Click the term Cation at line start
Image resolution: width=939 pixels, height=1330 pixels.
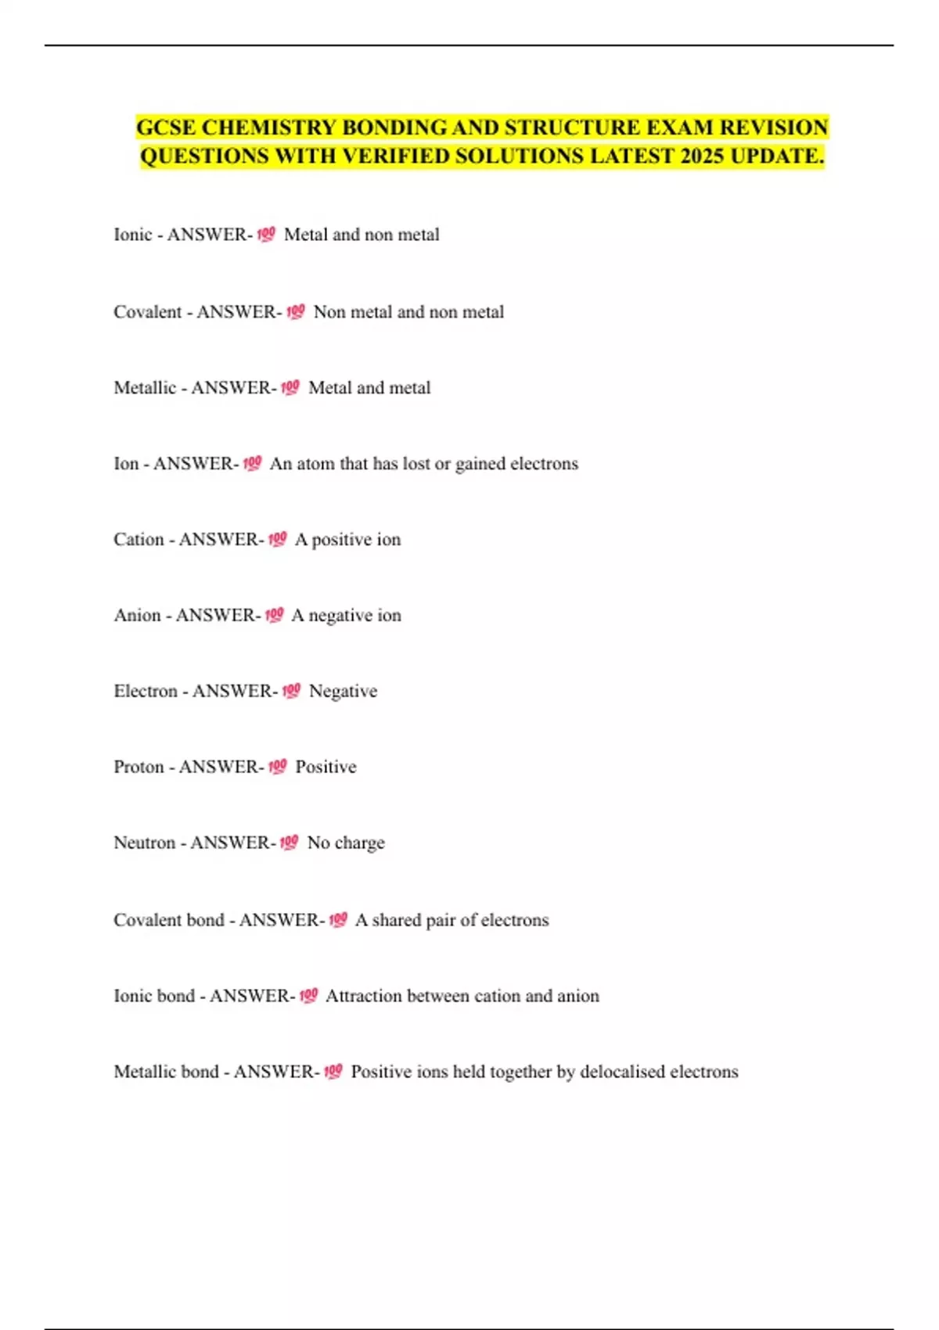coord(139,539)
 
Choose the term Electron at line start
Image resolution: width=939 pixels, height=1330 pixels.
coord(146,691)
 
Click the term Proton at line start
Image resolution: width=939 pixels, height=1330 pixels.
coord(139,767)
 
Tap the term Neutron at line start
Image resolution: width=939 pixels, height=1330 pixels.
coord(145,843)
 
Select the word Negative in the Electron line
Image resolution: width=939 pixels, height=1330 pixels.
coord(343,691)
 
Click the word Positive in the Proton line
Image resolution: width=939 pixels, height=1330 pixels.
coord(326,767)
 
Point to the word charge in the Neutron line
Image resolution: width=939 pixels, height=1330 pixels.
coord(359,843)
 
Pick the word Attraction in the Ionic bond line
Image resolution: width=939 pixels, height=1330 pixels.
coord(363,996)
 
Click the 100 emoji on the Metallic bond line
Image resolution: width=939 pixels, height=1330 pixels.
coord(333,1071)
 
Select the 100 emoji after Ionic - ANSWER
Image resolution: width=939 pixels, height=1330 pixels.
coord(265,234)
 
